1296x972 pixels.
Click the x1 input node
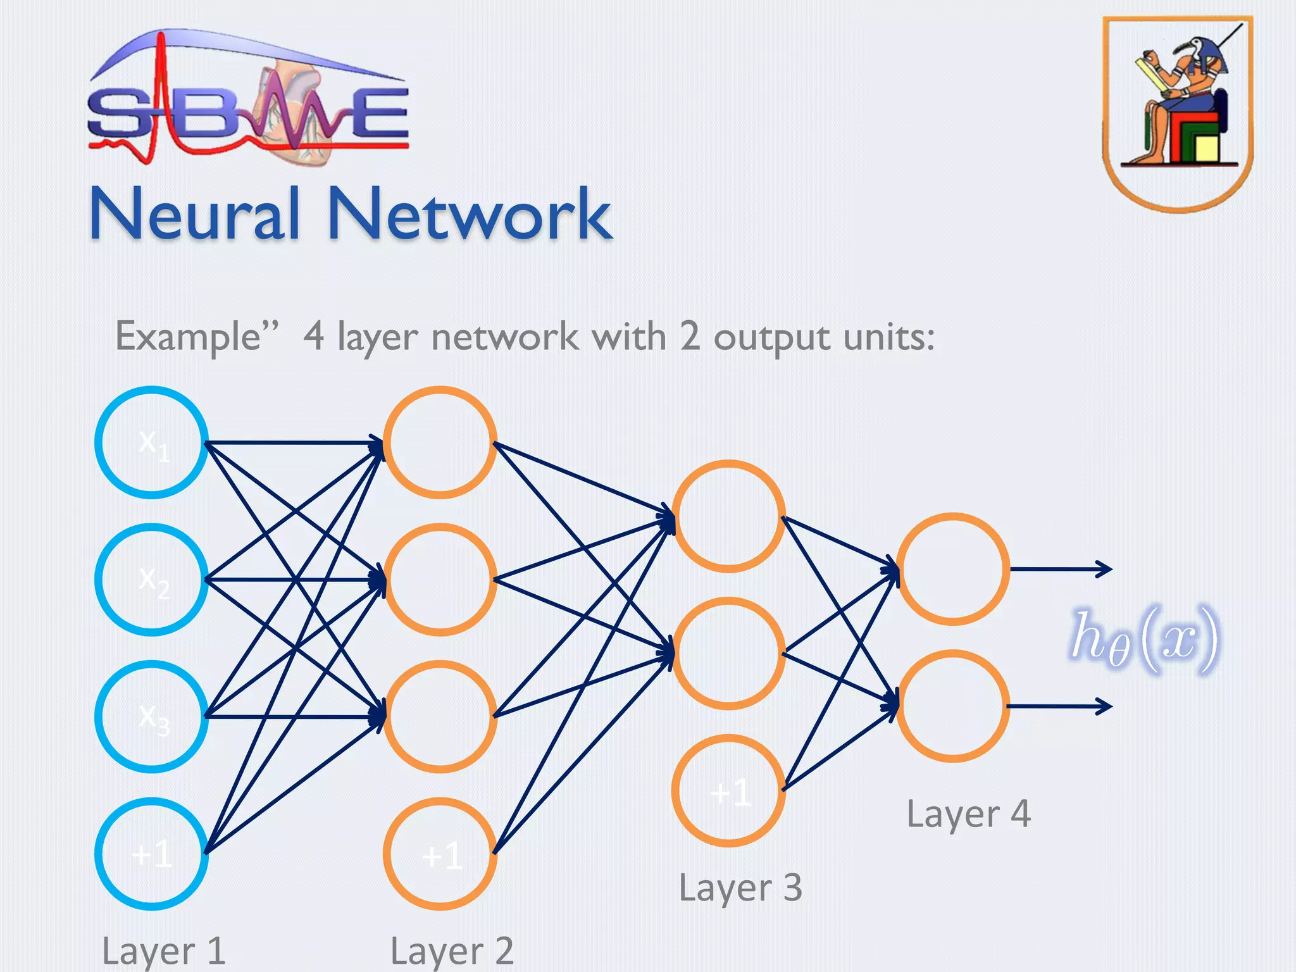(x=152, y=442)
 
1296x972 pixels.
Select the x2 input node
(x=152, y=580)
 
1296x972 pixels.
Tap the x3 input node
(x=152, y=716)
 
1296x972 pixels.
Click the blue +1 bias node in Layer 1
(x=152, y=854)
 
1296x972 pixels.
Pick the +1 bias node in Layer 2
(x=440, y=854)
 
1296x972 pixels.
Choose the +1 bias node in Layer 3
(x=729, y=790)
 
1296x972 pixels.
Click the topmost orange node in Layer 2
(x=440, y=442)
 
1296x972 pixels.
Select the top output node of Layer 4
(x=953, y=569)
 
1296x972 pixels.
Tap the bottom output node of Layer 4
(x=953, y=706)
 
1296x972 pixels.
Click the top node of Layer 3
(x=729, y=516)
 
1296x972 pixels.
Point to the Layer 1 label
(x=163, y=950)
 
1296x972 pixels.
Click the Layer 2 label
(x=452, y=950)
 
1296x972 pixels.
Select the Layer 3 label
(x=740, y=887)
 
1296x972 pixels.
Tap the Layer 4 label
(x=968, y=813)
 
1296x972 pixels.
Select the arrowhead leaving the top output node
(x=1105, y=569)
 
